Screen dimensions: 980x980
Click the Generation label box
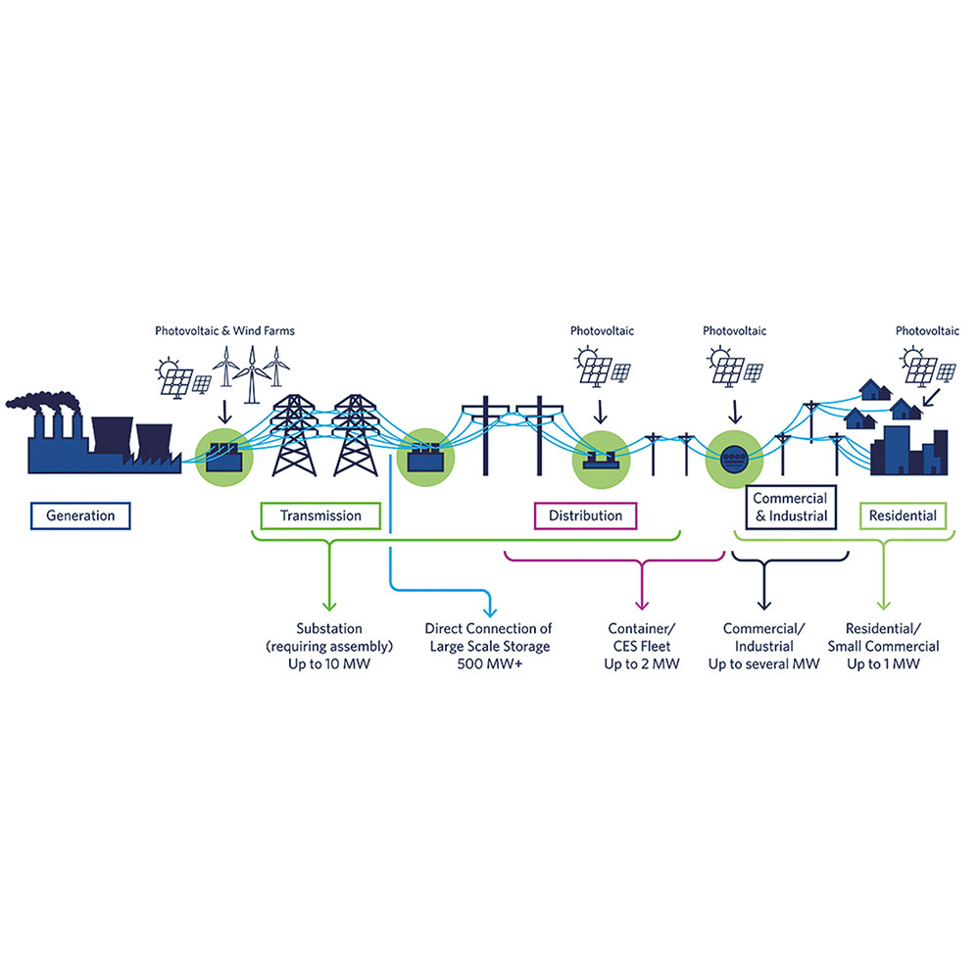pos(80,515)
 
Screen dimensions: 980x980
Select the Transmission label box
pos(320,515)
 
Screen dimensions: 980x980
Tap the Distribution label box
pos(585,515)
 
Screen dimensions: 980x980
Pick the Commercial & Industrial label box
pos(790,508)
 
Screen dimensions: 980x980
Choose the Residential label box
pos(903,515)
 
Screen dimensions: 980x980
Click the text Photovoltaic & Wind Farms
pos(224,331)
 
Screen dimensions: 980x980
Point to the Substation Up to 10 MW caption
pos(329,646)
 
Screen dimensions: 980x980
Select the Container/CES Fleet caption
pos(642,646)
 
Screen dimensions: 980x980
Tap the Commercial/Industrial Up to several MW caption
pos(764,646)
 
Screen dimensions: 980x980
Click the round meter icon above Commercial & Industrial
pos(732,457)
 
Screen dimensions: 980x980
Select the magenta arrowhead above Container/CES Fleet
pos(642,604)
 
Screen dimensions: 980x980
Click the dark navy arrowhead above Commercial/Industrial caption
pos(764,604)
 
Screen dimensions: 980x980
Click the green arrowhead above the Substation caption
pos(329,604)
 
